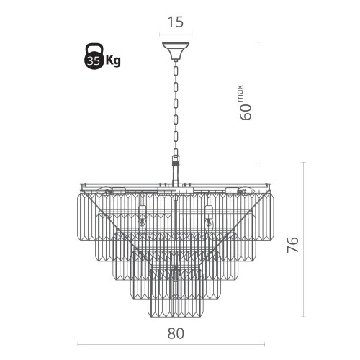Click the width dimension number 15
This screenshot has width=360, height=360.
(x=176, y=22)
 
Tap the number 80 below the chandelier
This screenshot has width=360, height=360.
(x=176, y=333)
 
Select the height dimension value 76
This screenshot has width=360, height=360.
(x=293, y=245)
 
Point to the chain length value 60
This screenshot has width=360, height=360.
(x=246, y=112)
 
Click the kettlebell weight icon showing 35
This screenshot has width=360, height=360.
(x=94, y=56)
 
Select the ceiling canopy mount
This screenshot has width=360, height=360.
(x=176, y=51)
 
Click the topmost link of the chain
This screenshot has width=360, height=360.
(x=176, y=71)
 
